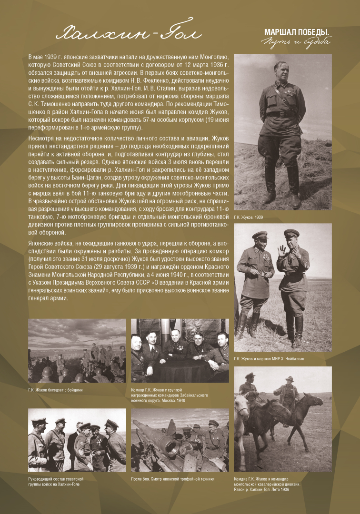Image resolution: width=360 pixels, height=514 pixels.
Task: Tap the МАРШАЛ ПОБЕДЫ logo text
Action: pyautogui.click(x=297, y=32)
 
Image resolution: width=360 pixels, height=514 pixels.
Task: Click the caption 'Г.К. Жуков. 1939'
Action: pyautogui.click(x=248, y=217)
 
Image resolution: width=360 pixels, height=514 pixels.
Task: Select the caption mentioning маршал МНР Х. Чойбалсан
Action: pyautogui.click(x=269, y=358)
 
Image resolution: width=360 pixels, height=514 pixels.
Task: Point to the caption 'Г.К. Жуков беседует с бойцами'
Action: pyautogui.click(x=55, y=390)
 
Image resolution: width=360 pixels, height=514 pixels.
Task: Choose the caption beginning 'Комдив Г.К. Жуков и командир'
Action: pyautogui.click(x=267, y=481)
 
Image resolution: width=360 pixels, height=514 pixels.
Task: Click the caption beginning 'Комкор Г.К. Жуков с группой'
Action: pyautogui.click(x=162, y=395)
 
